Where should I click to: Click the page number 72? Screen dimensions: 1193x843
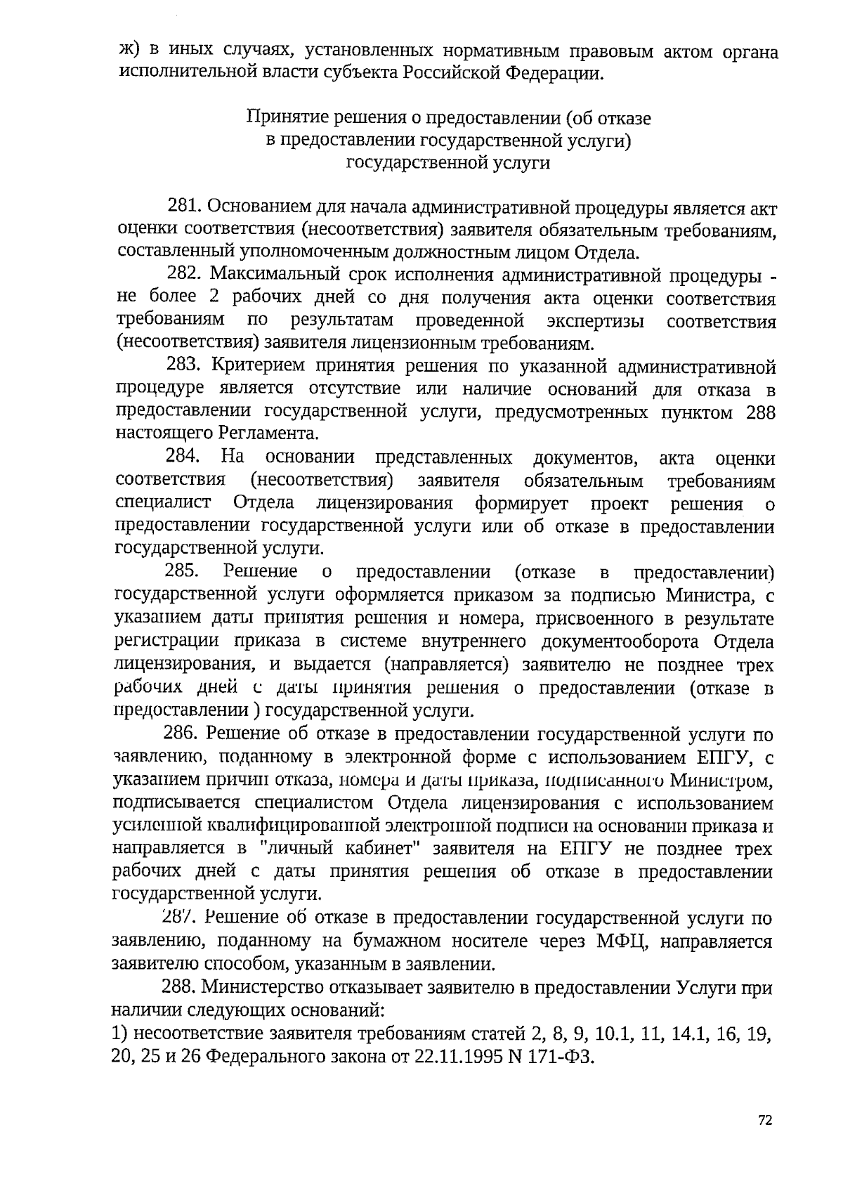(x=765, y=1121)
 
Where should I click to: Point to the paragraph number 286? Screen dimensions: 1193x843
(x=183, y=734)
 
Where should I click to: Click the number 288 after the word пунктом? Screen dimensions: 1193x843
(x=761, y=412)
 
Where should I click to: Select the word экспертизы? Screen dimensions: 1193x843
(x=596, y=322)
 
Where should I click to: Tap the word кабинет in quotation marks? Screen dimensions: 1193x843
(x=383, y=849)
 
